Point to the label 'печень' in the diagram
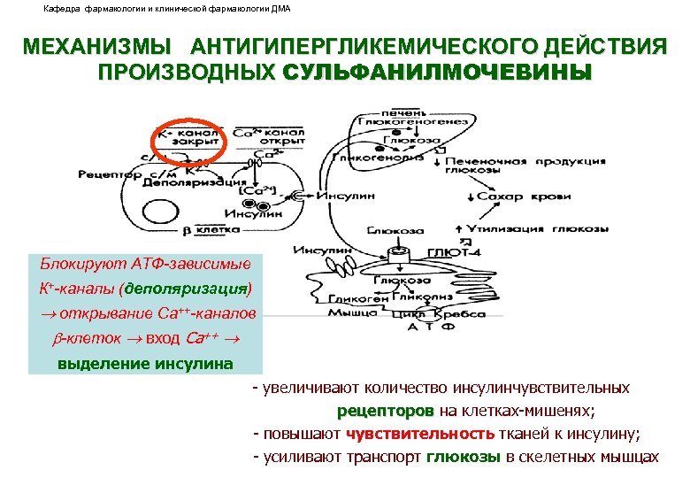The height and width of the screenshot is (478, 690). tap(402, 112)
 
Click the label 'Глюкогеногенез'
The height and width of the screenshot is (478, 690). tap(406, 122)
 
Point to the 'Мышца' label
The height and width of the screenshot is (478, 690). tap(349, 312)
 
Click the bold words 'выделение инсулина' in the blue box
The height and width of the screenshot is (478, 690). tap(145, 363)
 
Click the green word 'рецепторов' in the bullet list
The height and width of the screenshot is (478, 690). tap(386, 411)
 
